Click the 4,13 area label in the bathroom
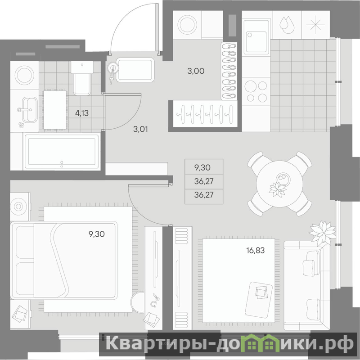(x=82, y=113)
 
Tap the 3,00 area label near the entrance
(x=196, y=71)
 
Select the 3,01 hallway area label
(x=140, y=129)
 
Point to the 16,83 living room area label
(x=256, y=250)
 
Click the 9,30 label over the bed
(x=97, y=234)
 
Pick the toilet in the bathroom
(x=82, y=78)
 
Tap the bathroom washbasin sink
(x=29, y=110)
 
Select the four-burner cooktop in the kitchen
(x=256, y=91)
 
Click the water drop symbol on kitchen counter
(x=287, y=25)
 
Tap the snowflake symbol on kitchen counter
(x=316, y=25)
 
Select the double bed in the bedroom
(x=64, y=261)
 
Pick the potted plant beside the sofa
(x=322, y=233)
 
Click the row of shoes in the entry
(x=229, y=71)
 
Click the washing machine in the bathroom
(x=25, y=75)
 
